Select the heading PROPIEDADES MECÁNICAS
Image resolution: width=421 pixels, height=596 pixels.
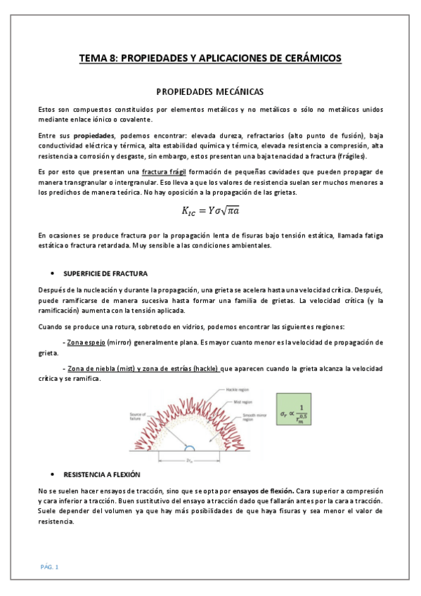pos(209,92)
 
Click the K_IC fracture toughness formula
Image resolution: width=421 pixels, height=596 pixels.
pos(210,209)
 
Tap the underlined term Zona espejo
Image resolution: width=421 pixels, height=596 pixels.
pos(87,342)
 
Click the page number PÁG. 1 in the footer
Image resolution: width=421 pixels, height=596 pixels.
pos(49,566)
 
